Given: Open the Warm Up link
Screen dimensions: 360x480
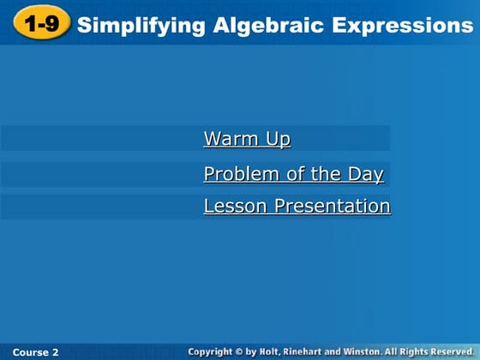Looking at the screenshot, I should (247, 139).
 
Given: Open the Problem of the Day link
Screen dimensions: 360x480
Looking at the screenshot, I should (293, 175).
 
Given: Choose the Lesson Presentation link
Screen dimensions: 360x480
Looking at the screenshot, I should (297, 207).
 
